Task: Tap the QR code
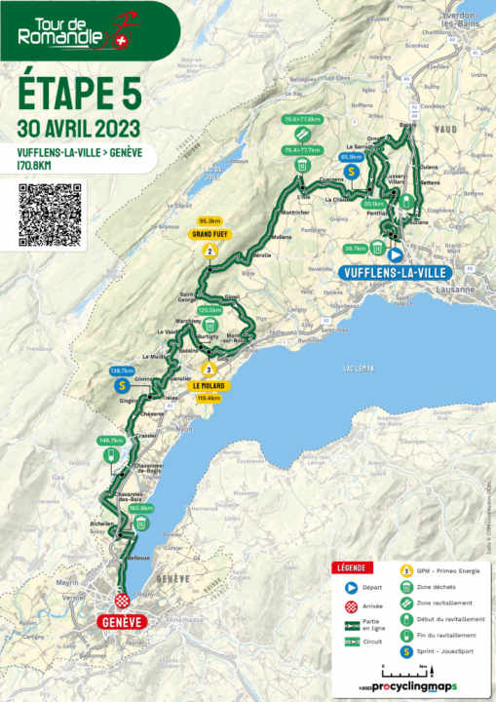coord(51,214)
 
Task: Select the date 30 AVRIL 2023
coord(78,128)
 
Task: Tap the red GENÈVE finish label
coord(122,621)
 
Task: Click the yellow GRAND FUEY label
coord(209,234)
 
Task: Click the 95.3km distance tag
coord(209,220)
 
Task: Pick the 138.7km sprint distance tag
coord(120,370)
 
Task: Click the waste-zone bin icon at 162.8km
coord(141,524)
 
